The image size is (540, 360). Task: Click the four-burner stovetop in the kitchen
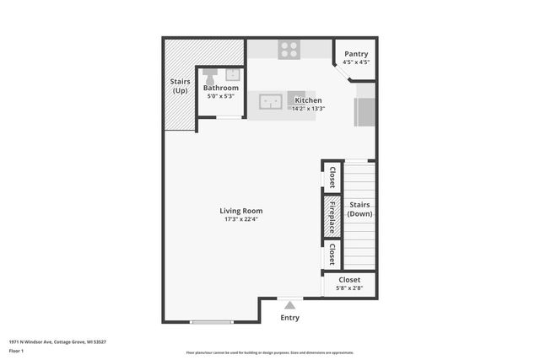coord(289,50)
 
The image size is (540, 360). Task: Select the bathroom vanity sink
coord(232,74)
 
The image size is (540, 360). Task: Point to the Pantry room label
coord(356,54)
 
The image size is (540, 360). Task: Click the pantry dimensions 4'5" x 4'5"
coord(356,62)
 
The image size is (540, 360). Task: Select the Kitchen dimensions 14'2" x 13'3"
coord(308,108)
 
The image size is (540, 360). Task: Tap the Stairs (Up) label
coord(180,86)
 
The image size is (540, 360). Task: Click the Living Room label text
coord(241,211)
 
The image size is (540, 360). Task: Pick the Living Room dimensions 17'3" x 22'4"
coord(241,220)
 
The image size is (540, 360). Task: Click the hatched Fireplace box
coord(332,218)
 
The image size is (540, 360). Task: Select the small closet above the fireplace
coord(332,177)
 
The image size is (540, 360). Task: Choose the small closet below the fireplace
coord(332,254)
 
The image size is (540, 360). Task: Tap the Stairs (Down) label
coord(360,209)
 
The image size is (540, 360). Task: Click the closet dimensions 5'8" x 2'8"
coord(348,288)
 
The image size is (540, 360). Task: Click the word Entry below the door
coord(289,318)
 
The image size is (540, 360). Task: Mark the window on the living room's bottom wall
coord(211,322)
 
